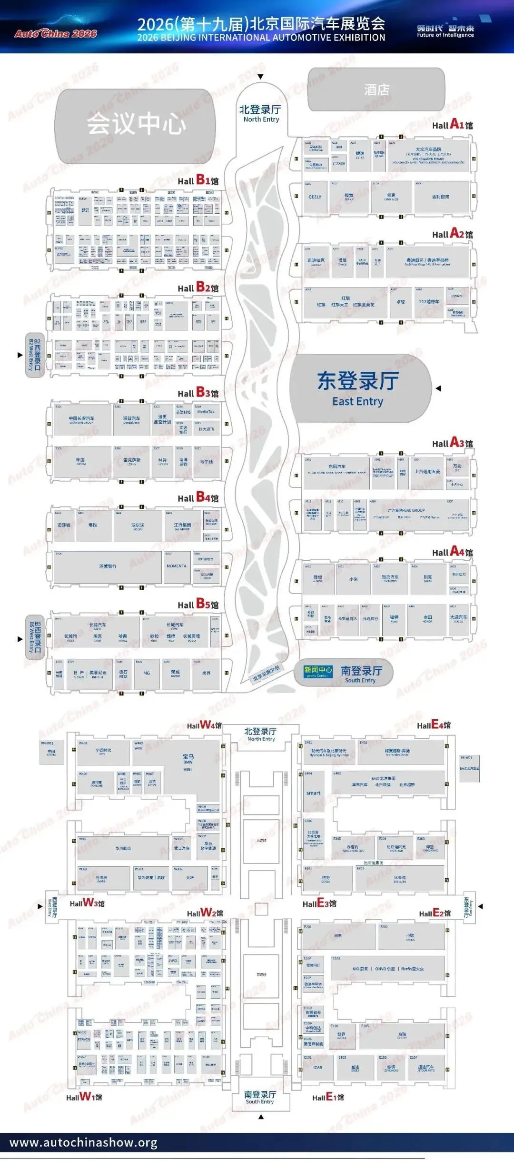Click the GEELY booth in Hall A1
pos(315,197)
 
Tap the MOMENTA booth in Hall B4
pos(177,566)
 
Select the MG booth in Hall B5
pos(147,673)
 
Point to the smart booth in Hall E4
pos(313,793)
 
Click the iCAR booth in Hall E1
pos(317,1067)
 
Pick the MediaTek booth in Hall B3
pos(206,412)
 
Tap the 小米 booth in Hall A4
pos(353,579)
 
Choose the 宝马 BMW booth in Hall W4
pos(188,759)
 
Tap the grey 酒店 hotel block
pos(376,89)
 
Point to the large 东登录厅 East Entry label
pos(358,388)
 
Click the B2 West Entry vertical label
pos(34,355)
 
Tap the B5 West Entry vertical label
pos(34,637)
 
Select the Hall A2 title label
pos(452,234)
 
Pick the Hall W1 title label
pos(84,1097)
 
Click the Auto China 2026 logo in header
pos(55,33)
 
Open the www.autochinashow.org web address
pos(83,1143)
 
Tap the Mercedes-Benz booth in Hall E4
pos(397,753)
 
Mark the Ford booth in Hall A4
pos(394,619)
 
